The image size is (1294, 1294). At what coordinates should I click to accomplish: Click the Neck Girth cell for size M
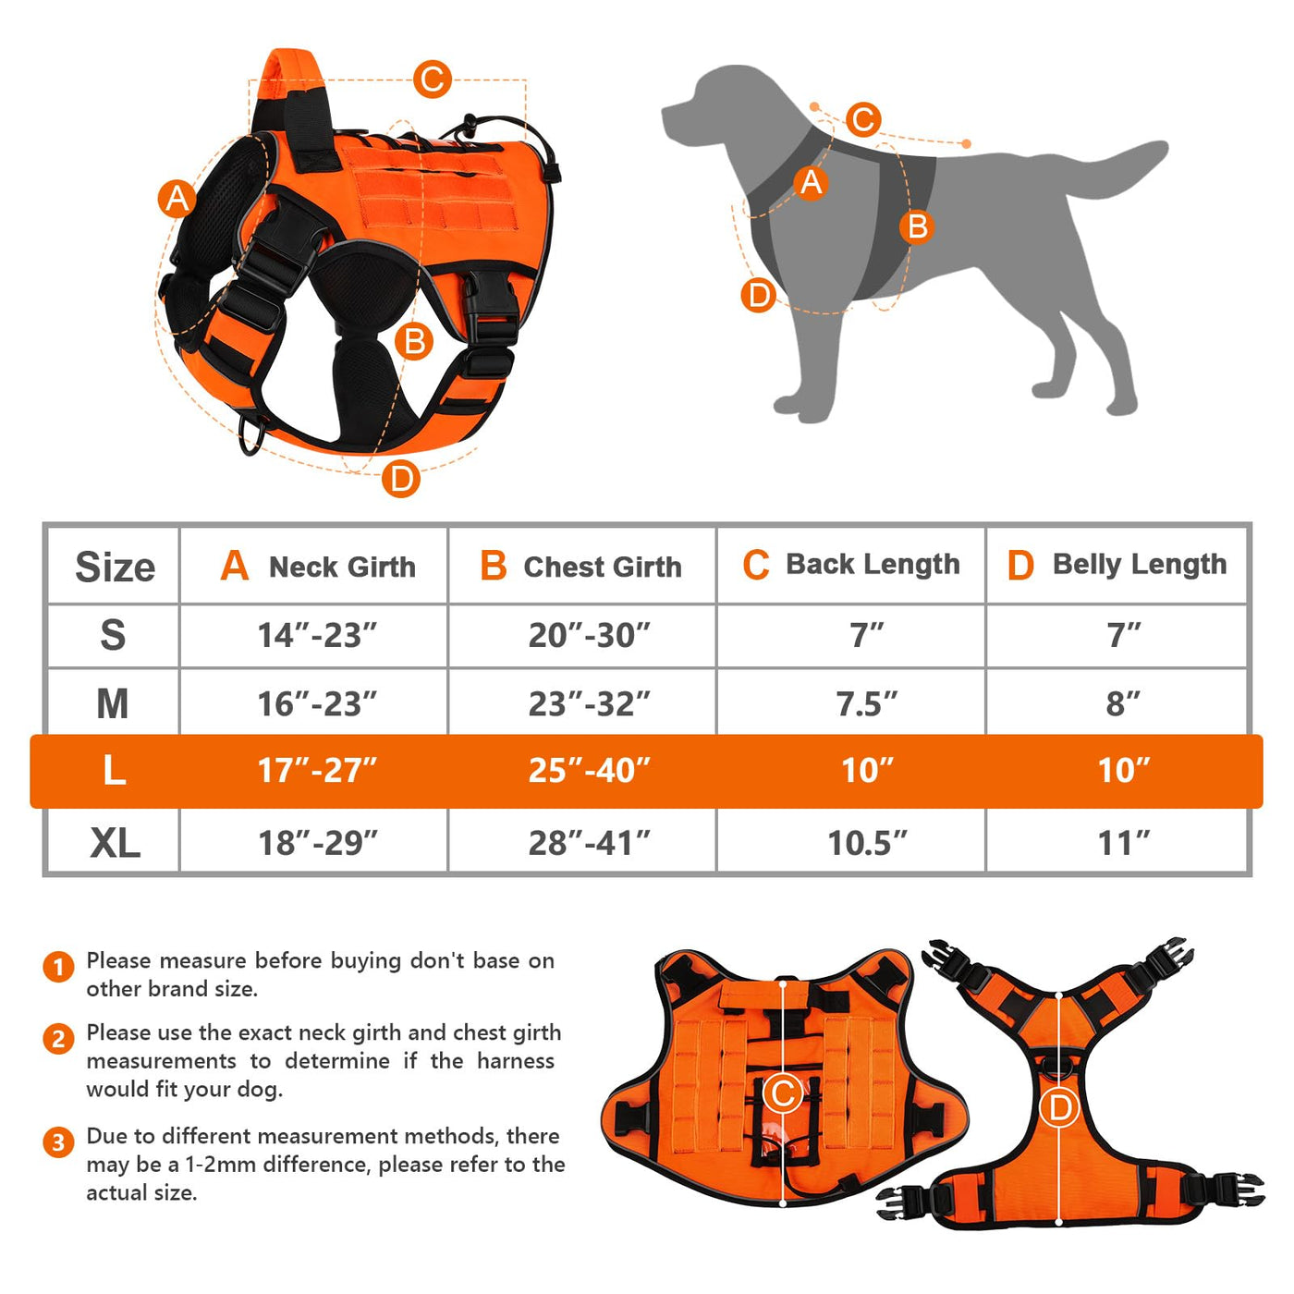click(x=317, y=703)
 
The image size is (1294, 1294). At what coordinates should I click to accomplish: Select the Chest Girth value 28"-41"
click(x=589, y=843)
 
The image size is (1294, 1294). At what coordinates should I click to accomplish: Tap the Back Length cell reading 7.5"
click(x=866, y=703)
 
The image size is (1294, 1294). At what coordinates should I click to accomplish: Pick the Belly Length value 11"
click(x=1123, y=843)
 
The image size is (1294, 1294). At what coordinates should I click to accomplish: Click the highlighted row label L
click(x=115, y=770)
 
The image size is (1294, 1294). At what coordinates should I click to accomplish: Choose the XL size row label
click(x=115, y=843)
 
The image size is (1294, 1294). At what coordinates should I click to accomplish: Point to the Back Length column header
click(x=850, y=565)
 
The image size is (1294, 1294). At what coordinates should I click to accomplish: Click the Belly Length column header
click(x=1116, y=565)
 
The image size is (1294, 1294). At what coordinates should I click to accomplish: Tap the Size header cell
click(x=115, y=567)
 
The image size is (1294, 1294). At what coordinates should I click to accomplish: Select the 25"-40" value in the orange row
click(x=589, y=770)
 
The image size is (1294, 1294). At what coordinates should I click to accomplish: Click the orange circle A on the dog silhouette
click(x=812, y=183)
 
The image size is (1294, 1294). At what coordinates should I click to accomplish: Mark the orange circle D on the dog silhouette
click(x=759, y=296)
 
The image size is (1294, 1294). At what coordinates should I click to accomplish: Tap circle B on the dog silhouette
click(x=917, y=226)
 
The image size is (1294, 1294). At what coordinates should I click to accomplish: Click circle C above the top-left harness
click(x=432, y=79)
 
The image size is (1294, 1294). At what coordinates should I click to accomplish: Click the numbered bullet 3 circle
click(x=58, y=1141)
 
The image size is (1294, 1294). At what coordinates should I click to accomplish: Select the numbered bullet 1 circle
click(x=58, y=967)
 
